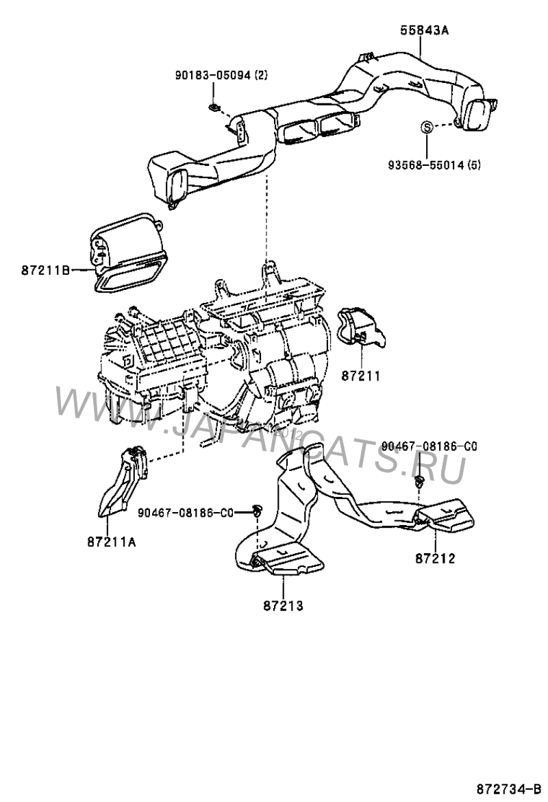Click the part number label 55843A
[419, 30]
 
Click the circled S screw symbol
[425, 126]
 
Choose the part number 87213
[282, 605]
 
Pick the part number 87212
[435, 558]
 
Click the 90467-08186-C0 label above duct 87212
[429, 446]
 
